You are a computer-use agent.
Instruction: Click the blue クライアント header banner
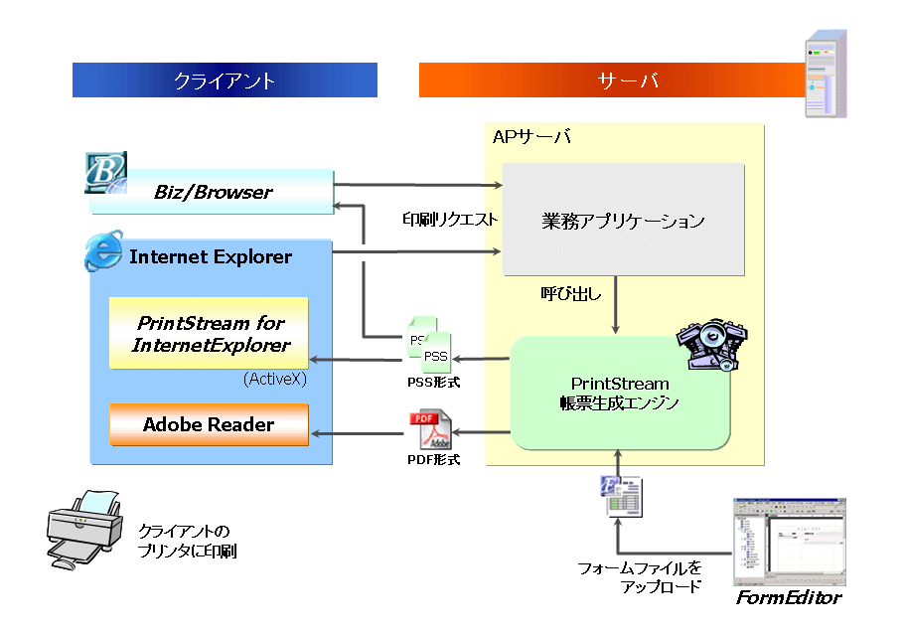click(x=225, y=80)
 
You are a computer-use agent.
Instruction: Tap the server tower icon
click(x=826, y=74)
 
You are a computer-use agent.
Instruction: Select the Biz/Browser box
click(x=213, y=192)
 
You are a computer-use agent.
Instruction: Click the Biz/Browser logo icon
click(x=105, y=173)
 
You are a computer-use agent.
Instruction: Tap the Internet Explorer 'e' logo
click(x=103, y=252)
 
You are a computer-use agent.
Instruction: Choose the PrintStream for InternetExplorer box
click(x=210, y=333)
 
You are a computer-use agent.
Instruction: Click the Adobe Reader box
click(x=209, y=424)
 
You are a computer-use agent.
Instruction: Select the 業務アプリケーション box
click(x=623, y=220)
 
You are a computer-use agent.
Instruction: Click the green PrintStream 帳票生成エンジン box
click(x=620, y=393)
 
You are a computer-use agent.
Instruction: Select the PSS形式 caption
click(x=433, y=382)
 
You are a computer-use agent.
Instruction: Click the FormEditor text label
click(x=788, y=598)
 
